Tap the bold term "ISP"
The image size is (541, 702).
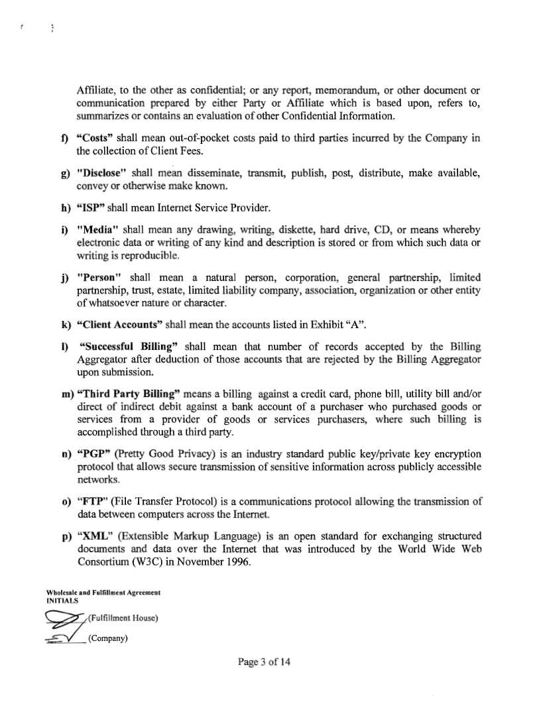tap(91, 208)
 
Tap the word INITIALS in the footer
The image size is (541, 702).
tap(63, 600)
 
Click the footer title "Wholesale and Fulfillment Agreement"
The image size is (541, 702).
tap(104, 592)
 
